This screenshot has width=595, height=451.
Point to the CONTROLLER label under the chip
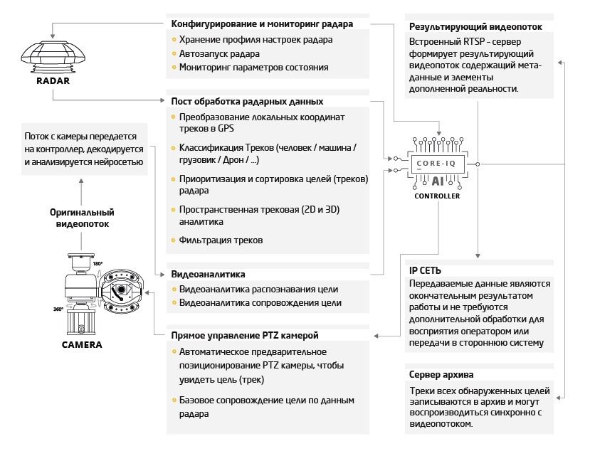click(438, 196)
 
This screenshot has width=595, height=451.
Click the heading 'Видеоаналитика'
click(209, 273)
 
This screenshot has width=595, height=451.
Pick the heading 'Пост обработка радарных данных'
click(247, 101)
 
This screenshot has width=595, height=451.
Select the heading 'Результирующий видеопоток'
click(475, 27)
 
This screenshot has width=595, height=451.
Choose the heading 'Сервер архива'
click(441, 375)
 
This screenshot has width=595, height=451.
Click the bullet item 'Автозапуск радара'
click(219, 54)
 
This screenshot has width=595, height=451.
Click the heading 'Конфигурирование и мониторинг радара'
click(262, 24)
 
